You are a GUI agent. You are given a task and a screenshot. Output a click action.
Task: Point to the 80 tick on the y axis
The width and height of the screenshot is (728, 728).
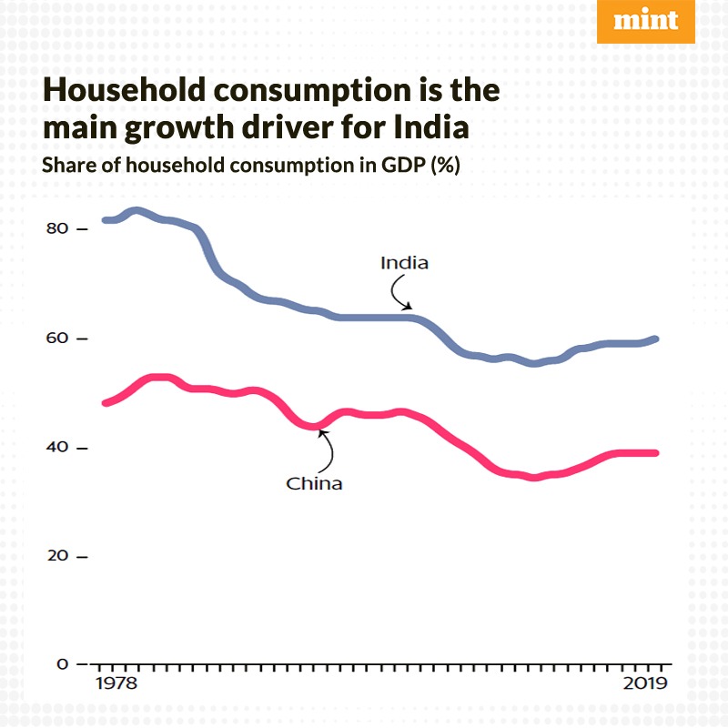(x=57, y=228)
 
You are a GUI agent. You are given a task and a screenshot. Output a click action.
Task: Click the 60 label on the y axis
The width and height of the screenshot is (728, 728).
(x=57, y=339)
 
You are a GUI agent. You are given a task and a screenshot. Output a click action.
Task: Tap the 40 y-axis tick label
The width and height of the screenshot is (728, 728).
(x=57, y=448)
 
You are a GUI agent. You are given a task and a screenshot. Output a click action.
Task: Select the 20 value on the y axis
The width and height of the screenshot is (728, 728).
(x=57, y=556)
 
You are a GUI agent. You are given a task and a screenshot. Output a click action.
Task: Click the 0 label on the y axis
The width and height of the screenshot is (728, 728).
(x=62, y=664)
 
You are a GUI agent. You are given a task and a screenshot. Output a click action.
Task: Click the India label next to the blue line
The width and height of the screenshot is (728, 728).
(x=404, y=264)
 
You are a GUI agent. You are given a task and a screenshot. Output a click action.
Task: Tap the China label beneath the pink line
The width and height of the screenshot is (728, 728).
(x=314, y=483)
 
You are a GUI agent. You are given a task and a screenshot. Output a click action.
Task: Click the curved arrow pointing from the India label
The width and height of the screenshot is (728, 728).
(x=399, y=293)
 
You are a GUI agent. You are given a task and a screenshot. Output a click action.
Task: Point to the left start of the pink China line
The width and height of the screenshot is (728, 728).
(x=106, y=402)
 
